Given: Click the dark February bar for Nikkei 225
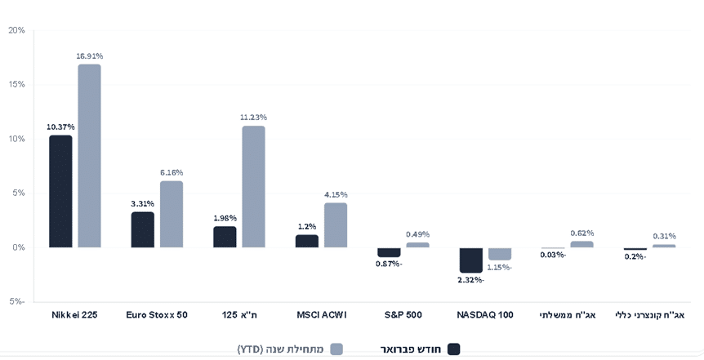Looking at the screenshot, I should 60,191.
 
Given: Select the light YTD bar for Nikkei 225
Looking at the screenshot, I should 89,156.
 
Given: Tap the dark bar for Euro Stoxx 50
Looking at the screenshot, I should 143,229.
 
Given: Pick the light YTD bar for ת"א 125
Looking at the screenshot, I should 253,187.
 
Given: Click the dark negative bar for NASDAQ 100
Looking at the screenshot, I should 470,260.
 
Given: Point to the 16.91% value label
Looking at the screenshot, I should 89,56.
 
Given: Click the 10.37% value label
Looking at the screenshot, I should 60,127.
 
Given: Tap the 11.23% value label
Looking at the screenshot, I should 253,118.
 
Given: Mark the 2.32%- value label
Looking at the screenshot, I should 470,280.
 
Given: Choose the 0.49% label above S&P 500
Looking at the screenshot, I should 417,234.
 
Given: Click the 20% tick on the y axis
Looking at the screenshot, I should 16,30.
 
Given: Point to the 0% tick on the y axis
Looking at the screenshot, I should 18,247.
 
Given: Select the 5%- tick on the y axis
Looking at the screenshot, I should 16,301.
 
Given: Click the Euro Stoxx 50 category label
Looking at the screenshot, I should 157,315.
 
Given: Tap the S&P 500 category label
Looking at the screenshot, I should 403,315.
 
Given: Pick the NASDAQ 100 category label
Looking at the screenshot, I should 485,315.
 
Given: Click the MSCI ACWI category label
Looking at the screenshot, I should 321,315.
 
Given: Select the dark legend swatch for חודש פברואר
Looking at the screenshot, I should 453,349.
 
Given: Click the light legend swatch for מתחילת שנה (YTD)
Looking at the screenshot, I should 336,349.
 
